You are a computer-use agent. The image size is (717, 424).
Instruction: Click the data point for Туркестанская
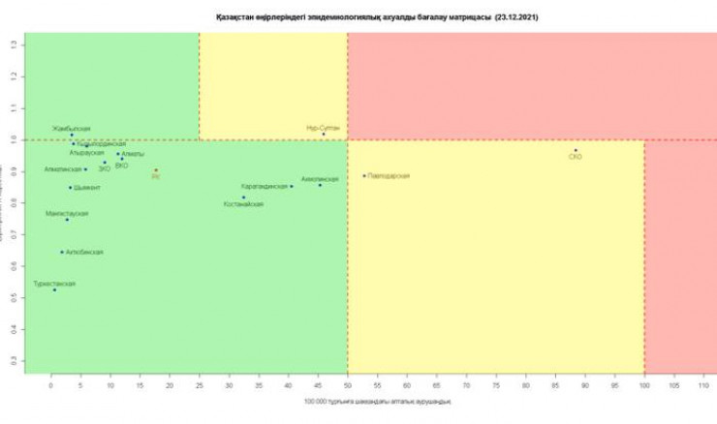(x=54, y=289)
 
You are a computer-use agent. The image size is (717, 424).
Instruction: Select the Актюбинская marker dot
(x=62, y=252)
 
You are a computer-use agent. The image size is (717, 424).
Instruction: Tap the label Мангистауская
(x=67, y=212)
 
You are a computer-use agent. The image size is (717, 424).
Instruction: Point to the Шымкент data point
(x=70, y=187)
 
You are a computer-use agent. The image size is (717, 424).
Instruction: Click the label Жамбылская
(x=72, y=128)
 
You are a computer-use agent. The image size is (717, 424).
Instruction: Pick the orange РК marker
(x=156, y=170)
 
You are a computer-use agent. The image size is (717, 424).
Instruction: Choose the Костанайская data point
(x=244, y=197)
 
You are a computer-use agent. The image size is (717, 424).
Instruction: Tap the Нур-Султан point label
(x=323, y=128)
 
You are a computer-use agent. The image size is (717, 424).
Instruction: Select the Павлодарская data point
(x=364, y=175)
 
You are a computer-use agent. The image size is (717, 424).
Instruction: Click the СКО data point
(x=576, y=150)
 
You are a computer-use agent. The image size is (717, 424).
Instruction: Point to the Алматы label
(x=133, y=154)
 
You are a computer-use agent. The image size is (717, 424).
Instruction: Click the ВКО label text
(x=121, y=166)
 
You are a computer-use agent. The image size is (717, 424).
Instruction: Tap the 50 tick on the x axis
(x=348, y=385)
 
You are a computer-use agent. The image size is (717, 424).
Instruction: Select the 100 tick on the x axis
(x=644, y=385)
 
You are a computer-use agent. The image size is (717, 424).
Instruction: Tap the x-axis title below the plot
(x=377, y=401)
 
